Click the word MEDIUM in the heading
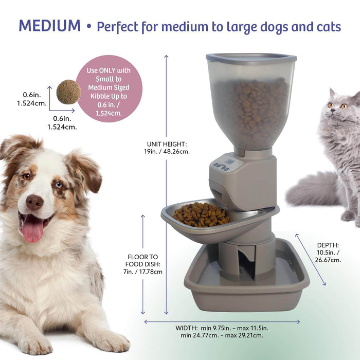pyautogui.click(x=49, y=25)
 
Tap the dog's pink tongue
pyautogui.click(x=32, y=229)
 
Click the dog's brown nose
pyautogui.click(x=35, y=202)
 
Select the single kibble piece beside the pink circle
pyautogui.click(x=68, y=92)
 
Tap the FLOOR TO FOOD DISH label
pyautogui.click(x=145, y=264)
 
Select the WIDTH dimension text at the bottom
pyautogui.click(x=223, y=332)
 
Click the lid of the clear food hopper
pyautogui.click(x=251, y=58)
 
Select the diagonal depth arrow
pyautogui.click(x=311, y=259)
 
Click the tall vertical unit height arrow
pyautogui.click(x=166, y=185)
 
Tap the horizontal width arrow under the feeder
pyautogui.click(x=222, y=322)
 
